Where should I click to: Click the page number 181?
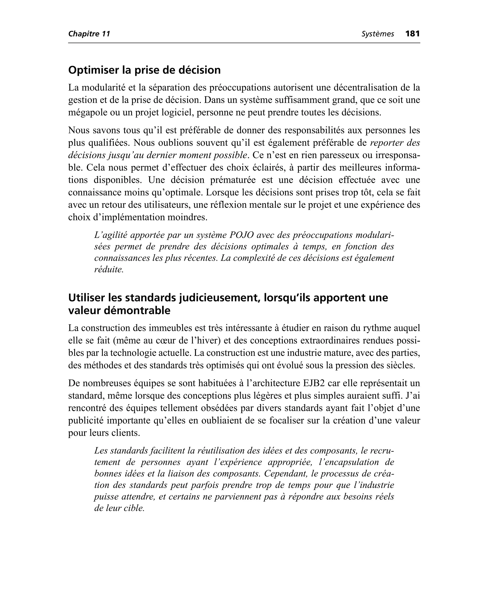pos(412,34)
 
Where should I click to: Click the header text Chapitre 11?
pos(89,34)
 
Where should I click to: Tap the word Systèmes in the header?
pos(378,34)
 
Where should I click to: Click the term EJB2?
pos(314,383)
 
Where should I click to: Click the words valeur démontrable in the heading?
pos(119,311)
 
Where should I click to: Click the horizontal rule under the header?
pos(244,43)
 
